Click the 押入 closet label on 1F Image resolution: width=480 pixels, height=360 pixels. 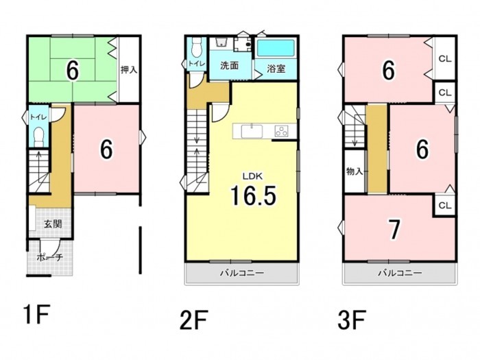click(129, 70)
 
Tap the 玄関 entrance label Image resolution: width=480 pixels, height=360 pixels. click(53, 224)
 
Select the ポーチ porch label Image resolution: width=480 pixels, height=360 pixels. click(50, 257)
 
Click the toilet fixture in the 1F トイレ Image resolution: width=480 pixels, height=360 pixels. click(39, 137)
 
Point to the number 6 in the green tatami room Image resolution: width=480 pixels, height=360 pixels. click(73, 71)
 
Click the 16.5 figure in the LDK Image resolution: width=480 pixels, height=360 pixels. click(254, 195)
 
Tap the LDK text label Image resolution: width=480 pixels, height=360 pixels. click(252, 176)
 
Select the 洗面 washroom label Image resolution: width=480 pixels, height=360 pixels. click(230, 66)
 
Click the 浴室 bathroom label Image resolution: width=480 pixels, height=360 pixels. click(276, 69)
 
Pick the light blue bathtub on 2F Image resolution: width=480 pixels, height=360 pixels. click(276, 48)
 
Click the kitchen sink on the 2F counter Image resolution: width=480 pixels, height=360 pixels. click(252, 132)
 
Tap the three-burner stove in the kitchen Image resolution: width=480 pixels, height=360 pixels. click(281, 131)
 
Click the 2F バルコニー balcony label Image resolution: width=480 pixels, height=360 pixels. click(242, 272)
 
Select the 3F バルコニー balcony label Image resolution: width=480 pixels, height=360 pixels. click(400, 272)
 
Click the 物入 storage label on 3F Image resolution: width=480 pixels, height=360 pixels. click(355, 171)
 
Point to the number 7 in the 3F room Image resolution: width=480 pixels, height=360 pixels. click(394, 229)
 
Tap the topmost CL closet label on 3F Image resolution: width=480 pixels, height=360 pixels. click(445, 59)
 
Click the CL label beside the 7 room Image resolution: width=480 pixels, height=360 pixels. click(445, 205)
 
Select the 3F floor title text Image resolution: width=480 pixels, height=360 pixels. click(352, 320)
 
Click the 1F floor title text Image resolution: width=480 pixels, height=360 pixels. click(36, 314)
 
